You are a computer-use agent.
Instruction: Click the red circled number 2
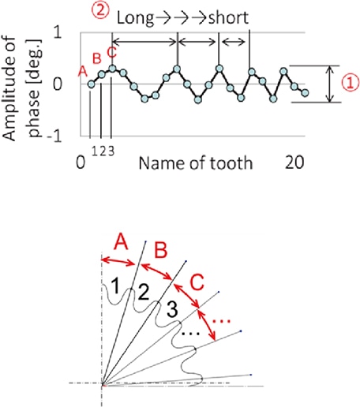[100, 11]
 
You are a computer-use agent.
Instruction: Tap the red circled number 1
[351, 82]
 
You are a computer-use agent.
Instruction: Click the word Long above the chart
[135, 18]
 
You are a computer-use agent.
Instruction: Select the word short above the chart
[228, 18]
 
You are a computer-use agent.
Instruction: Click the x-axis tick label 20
[294, 162]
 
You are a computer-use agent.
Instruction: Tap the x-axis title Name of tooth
[196, 162]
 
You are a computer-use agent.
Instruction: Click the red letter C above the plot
[112, 52]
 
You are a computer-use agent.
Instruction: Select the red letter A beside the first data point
[83, 71]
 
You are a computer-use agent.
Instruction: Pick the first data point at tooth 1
[91, 84]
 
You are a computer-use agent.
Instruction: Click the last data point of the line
[305, 93]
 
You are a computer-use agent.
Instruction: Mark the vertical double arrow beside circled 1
[329, 84]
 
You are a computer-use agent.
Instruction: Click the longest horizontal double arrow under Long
[144, 41]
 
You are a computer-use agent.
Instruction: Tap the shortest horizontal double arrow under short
[234, 41]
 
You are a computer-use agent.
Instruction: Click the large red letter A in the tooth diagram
[121, 242]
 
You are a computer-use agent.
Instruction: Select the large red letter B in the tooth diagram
[161, 250]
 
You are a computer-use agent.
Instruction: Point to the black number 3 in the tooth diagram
[172, 309]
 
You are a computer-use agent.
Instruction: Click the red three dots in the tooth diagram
[221, 321]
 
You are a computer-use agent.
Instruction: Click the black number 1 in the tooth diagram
[115, 286]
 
